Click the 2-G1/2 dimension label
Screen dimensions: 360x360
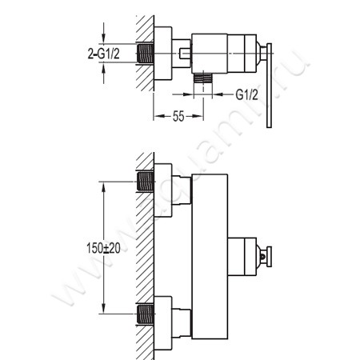tap(104, 54)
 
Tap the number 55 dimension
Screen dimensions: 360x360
tap(178, 116)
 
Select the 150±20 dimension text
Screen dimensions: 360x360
tap(103, 248)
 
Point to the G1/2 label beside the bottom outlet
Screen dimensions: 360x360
tap(247, 94)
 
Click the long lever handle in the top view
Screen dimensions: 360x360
tap(269, 86)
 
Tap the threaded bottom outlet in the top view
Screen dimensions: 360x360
tap(203, 78)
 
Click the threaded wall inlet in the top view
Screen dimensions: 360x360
tap(146, 54)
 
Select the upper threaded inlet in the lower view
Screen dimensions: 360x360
tap(146, 182)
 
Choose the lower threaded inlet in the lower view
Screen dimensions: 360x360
tap(146, 314)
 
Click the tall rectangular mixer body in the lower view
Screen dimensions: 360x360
tap(210, 256)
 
